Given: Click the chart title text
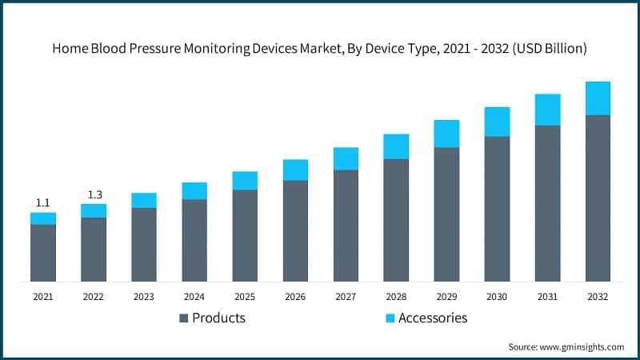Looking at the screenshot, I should (x=320, y=48).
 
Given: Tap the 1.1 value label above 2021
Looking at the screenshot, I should (x=43, y=202).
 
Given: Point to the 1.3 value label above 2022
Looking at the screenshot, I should (x=94, y=194).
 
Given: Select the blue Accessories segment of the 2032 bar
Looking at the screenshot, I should (x=598, y=98).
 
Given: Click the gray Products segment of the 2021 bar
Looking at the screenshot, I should (x=43, y=253).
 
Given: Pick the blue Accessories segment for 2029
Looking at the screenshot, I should (x=446, y=134).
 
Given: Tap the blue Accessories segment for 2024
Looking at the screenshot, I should (x=194, y=190).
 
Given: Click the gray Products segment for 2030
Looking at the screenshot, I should (x=497, y=209).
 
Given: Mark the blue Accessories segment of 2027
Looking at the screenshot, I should (x=346, y=158).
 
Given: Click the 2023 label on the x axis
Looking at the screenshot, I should (x=144, y=297).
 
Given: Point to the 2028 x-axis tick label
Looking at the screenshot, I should (x=396, y=297).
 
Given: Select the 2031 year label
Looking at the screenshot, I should (x=547, y=297).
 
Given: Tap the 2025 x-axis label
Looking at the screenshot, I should (x=245, y=297).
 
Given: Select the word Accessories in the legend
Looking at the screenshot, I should (x=432, y=318).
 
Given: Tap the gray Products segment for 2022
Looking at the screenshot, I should (x=94, y=249).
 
